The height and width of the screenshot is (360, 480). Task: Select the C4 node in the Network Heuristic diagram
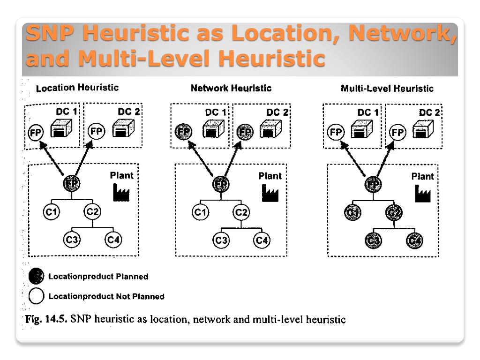(261, 240)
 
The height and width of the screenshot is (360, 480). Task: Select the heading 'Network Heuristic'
(231, 88)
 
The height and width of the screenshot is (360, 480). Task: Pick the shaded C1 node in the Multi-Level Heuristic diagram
(351, 214)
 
